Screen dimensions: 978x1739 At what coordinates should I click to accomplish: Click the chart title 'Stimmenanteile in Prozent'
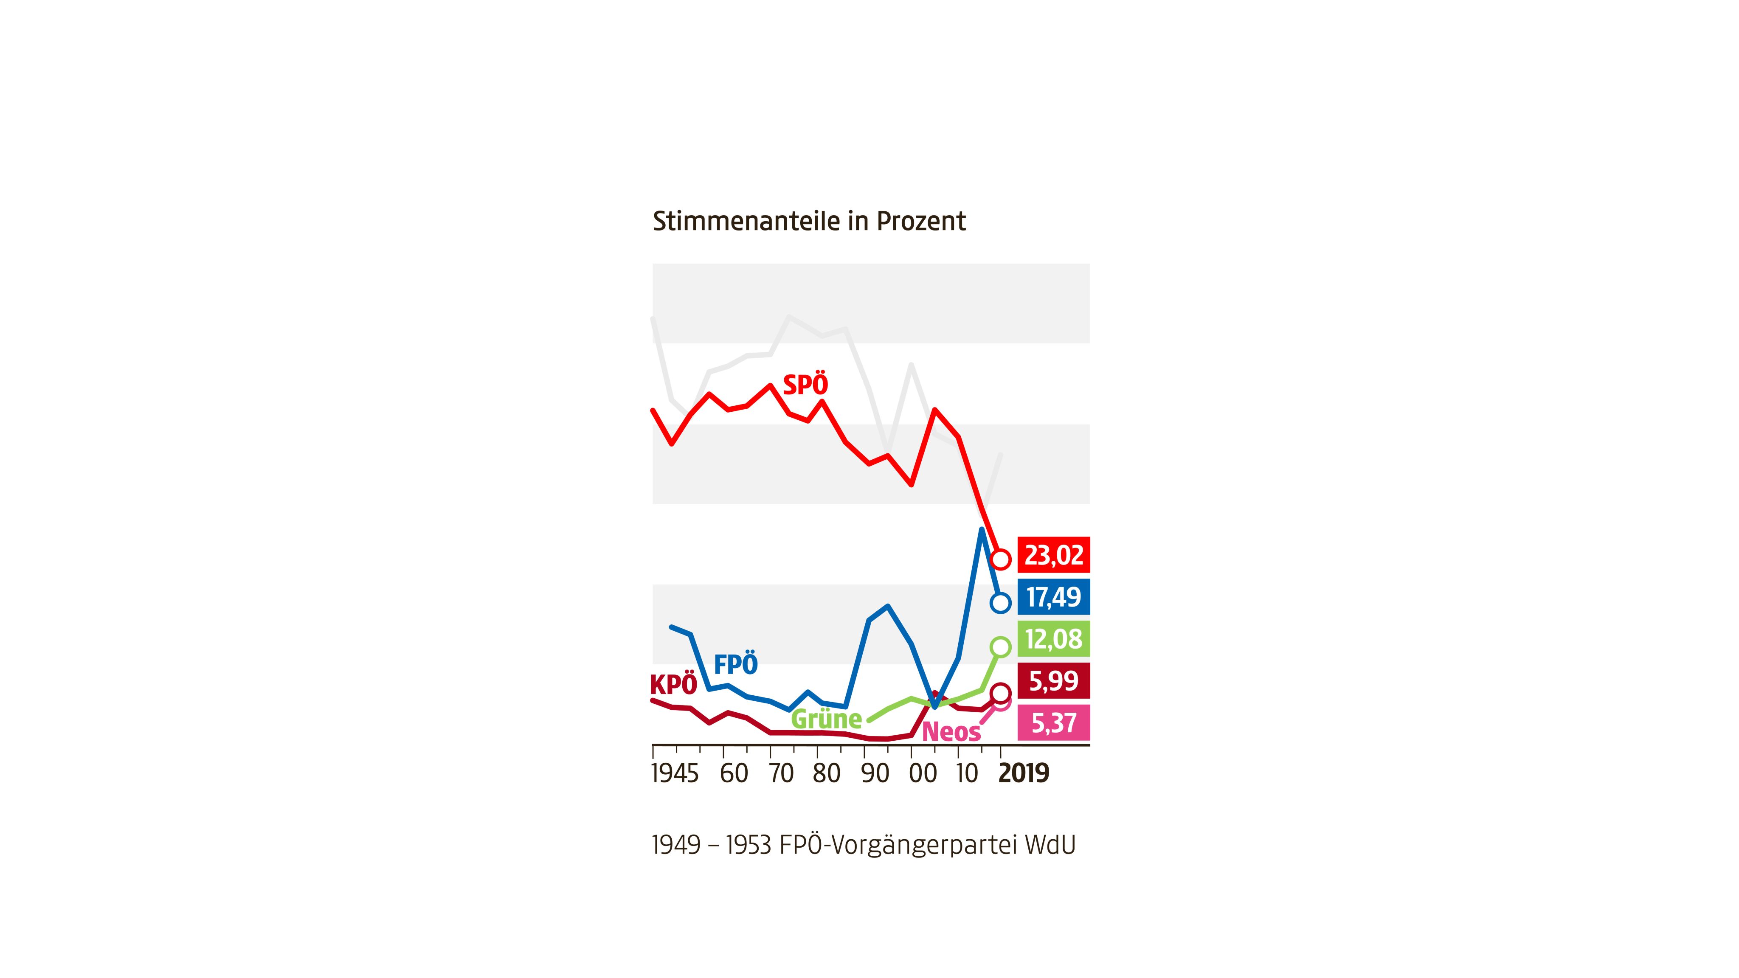(809, 222)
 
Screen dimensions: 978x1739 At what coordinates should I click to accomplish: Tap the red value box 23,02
(1053, 555)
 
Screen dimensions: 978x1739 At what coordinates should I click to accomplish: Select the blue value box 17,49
(1053, 597)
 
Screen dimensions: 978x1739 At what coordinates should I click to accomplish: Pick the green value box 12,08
(1053, 638)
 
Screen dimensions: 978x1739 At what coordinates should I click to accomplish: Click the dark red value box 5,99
(1053, 680)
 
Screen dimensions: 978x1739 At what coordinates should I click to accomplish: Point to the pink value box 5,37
(1053, 722)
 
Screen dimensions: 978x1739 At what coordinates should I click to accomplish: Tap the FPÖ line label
(736, 664)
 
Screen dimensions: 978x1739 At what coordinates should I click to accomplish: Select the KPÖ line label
(673, 685)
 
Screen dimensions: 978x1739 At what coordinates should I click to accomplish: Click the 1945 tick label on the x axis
(674, 773)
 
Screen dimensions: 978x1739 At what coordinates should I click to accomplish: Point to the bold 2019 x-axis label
(1024, 773)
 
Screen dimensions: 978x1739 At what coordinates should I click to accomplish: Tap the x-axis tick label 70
(781, 773)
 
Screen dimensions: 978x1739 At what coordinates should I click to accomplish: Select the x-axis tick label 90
(875, 773)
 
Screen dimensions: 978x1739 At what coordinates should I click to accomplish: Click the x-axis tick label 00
(923, 773)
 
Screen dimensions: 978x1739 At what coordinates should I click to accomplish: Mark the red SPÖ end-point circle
(1000, 559)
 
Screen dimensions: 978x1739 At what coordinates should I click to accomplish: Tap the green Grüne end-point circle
(1000, 646)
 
